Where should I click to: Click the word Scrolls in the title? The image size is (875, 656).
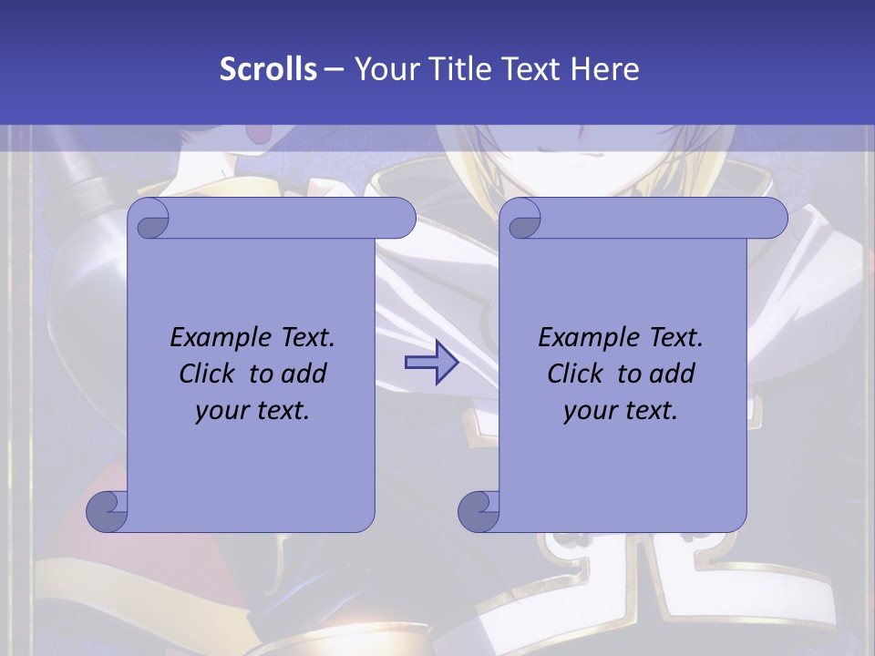(x=269, y=69)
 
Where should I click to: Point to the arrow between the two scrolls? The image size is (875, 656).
(x=431, y=363)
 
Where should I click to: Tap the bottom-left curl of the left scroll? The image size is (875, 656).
(x=108, y=512)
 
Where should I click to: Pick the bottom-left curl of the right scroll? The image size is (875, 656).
(x=479, y=512)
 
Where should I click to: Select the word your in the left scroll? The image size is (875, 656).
(x=221, y=412)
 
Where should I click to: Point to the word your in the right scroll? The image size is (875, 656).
(x=590, y=412)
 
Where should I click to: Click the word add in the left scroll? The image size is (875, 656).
(x=304, y=374)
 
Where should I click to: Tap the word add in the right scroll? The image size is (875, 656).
(x=673, y=374)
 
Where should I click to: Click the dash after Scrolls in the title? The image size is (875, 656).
(x=335, y=69)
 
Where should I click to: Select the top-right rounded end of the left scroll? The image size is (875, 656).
(x=401, y=219)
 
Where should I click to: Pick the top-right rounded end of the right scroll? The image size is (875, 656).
(x=773, y=219)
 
